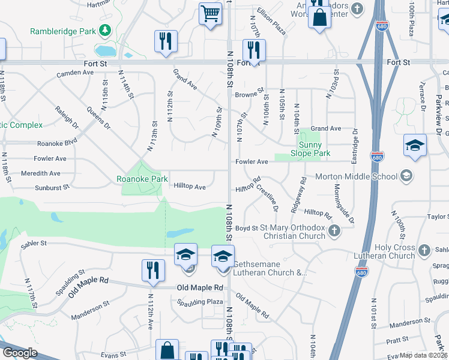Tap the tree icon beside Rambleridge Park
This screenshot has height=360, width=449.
pyautogui.click(x=105, y=29)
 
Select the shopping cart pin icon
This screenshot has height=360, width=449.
pyautogui.click(x=211, y=13)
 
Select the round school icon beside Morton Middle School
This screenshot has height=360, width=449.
pyautogui.click(x=407, y=176)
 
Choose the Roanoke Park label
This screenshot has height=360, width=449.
pyautogui.click(x=142, y=179)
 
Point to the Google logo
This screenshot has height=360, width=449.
pyautogui.click(x=20, y=353)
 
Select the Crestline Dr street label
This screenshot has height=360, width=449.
pyautogui.click(x=267, y=197)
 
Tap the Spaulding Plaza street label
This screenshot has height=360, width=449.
pyautogui.click(x=199, y=301)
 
